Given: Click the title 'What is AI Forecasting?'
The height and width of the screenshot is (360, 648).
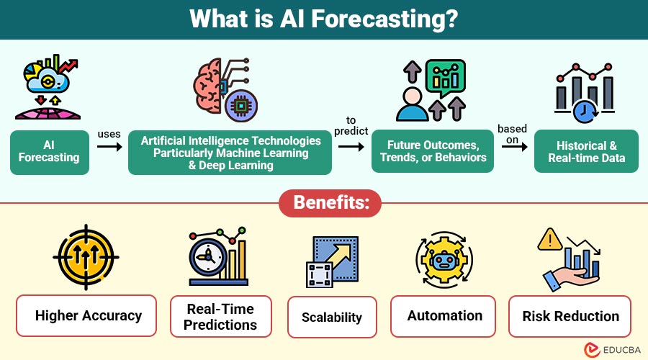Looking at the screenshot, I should coord(324,19).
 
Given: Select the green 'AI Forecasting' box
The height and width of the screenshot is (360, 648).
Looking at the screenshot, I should coord(50,152).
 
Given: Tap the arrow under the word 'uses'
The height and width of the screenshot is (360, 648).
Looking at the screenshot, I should coord(109,147).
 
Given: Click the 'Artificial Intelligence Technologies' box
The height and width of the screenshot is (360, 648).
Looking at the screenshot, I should coord(230,152).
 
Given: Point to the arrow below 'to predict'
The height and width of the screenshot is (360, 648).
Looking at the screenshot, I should coord(351,145).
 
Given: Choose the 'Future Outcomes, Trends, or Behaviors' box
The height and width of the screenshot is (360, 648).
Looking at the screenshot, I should coord(432,152).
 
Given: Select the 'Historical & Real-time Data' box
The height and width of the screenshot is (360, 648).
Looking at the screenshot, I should coord(586,152).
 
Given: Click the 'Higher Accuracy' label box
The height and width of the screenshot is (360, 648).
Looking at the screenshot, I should coord(86,315).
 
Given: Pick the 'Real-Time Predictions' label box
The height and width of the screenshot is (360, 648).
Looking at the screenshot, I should coord(220,317).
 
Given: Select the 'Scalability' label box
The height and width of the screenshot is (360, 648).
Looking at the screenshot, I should coord(332,317).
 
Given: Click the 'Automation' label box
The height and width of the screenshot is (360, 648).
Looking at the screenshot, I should coord(444,315).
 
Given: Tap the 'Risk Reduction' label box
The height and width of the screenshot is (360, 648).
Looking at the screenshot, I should coord(570,316).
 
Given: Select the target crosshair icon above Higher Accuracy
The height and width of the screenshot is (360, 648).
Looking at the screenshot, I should coord(86,258).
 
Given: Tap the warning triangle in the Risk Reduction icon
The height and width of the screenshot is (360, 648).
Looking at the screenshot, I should coord(552,240).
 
